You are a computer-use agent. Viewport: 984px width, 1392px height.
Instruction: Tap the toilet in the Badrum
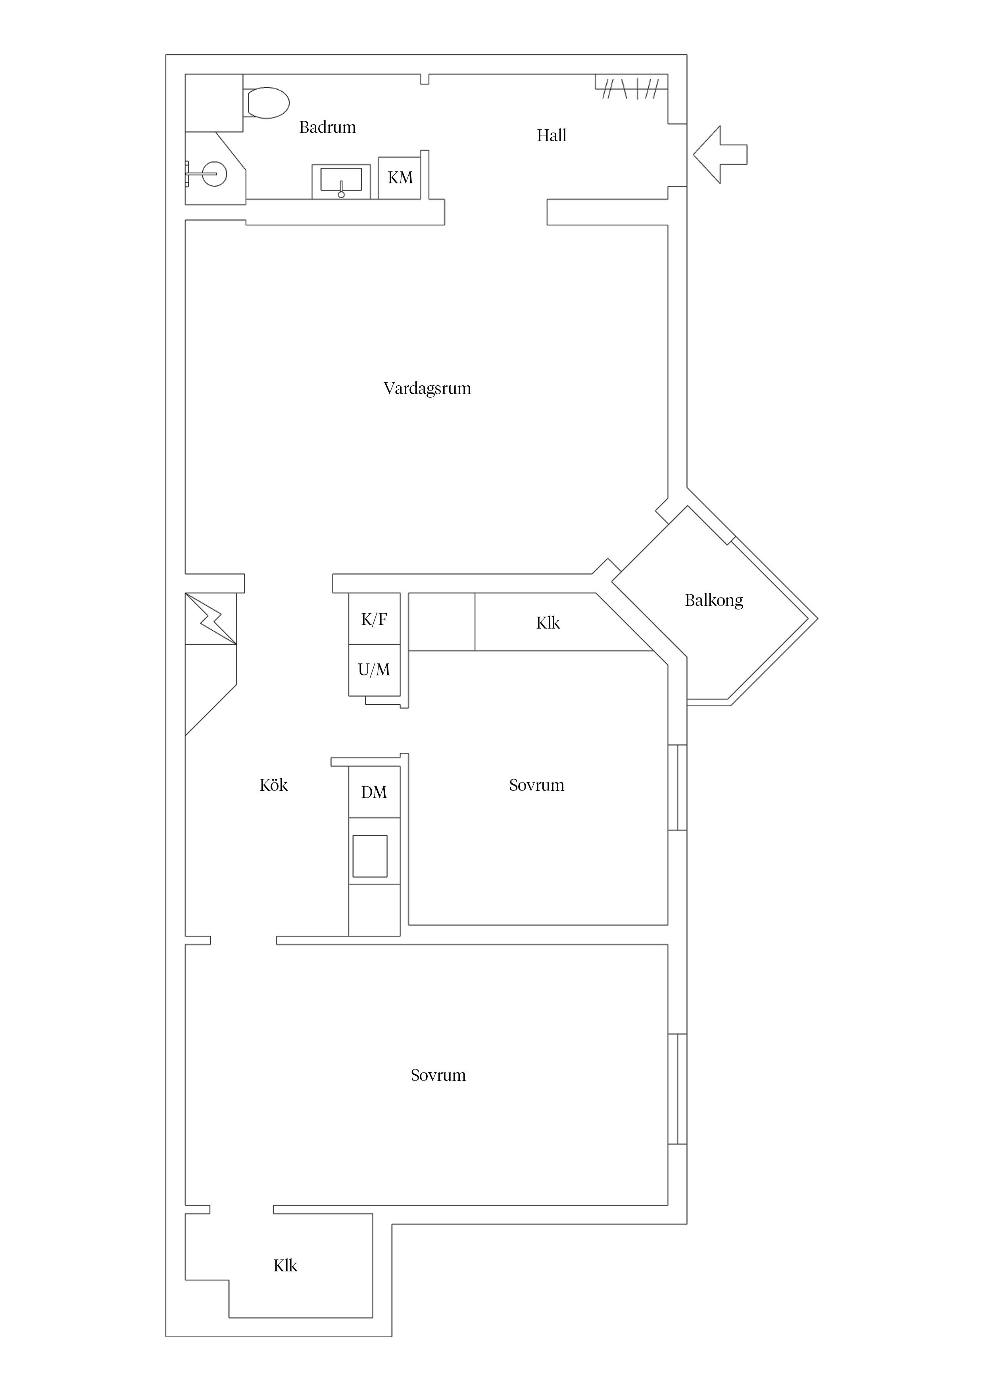tap(268, 102)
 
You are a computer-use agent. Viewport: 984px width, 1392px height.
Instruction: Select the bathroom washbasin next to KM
tap(341, 181)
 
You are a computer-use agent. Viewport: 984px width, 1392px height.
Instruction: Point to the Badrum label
tap(327, 127)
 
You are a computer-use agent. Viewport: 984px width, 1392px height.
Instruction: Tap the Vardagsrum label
tap(427, 388)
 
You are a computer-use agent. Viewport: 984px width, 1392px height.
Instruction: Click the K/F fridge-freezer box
tap(374, 619)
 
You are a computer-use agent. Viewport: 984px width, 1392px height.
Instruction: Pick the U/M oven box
tap(374, 670)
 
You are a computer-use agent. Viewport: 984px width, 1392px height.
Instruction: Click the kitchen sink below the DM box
tap(370, 856)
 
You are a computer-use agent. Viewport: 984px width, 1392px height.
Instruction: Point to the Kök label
tap(273, 785)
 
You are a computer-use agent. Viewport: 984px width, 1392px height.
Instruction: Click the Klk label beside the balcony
tap(548, 623)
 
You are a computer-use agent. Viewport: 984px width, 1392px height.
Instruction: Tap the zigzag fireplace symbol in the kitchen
tap(210, 618)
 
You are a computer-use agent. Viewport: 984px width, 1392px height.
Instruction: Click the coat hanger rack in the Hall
tap(630, 88)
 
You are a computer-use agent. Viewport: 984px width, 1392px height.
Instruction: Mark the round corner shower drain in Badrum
tap(214, 174)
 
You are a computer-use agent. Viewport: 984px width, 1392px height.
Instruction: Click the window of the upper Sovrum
tap(677, 787)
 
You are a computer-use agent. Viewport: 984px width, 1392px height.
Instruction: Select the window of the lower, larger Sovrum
tap(677, 1089)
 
